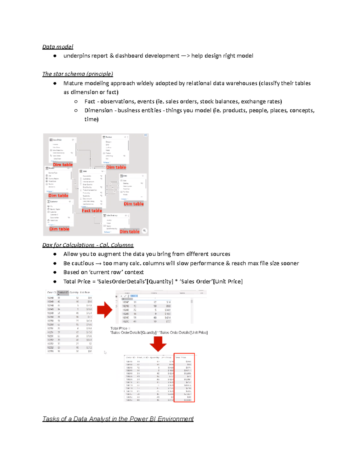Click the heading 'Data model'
58,47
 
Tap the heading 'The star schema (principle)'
78,74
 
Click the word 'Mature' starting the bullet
73,83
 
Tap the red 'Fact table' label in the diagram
92,211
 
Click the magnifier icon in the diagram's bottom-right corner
145,230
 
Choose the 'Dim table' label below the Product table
116,167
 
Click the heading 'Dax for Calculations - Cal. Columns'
88,245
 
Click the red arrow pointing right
104,310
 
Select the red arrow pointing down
158,344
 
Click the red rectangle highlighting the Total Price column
184,377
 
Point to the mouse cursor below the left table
105,353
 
